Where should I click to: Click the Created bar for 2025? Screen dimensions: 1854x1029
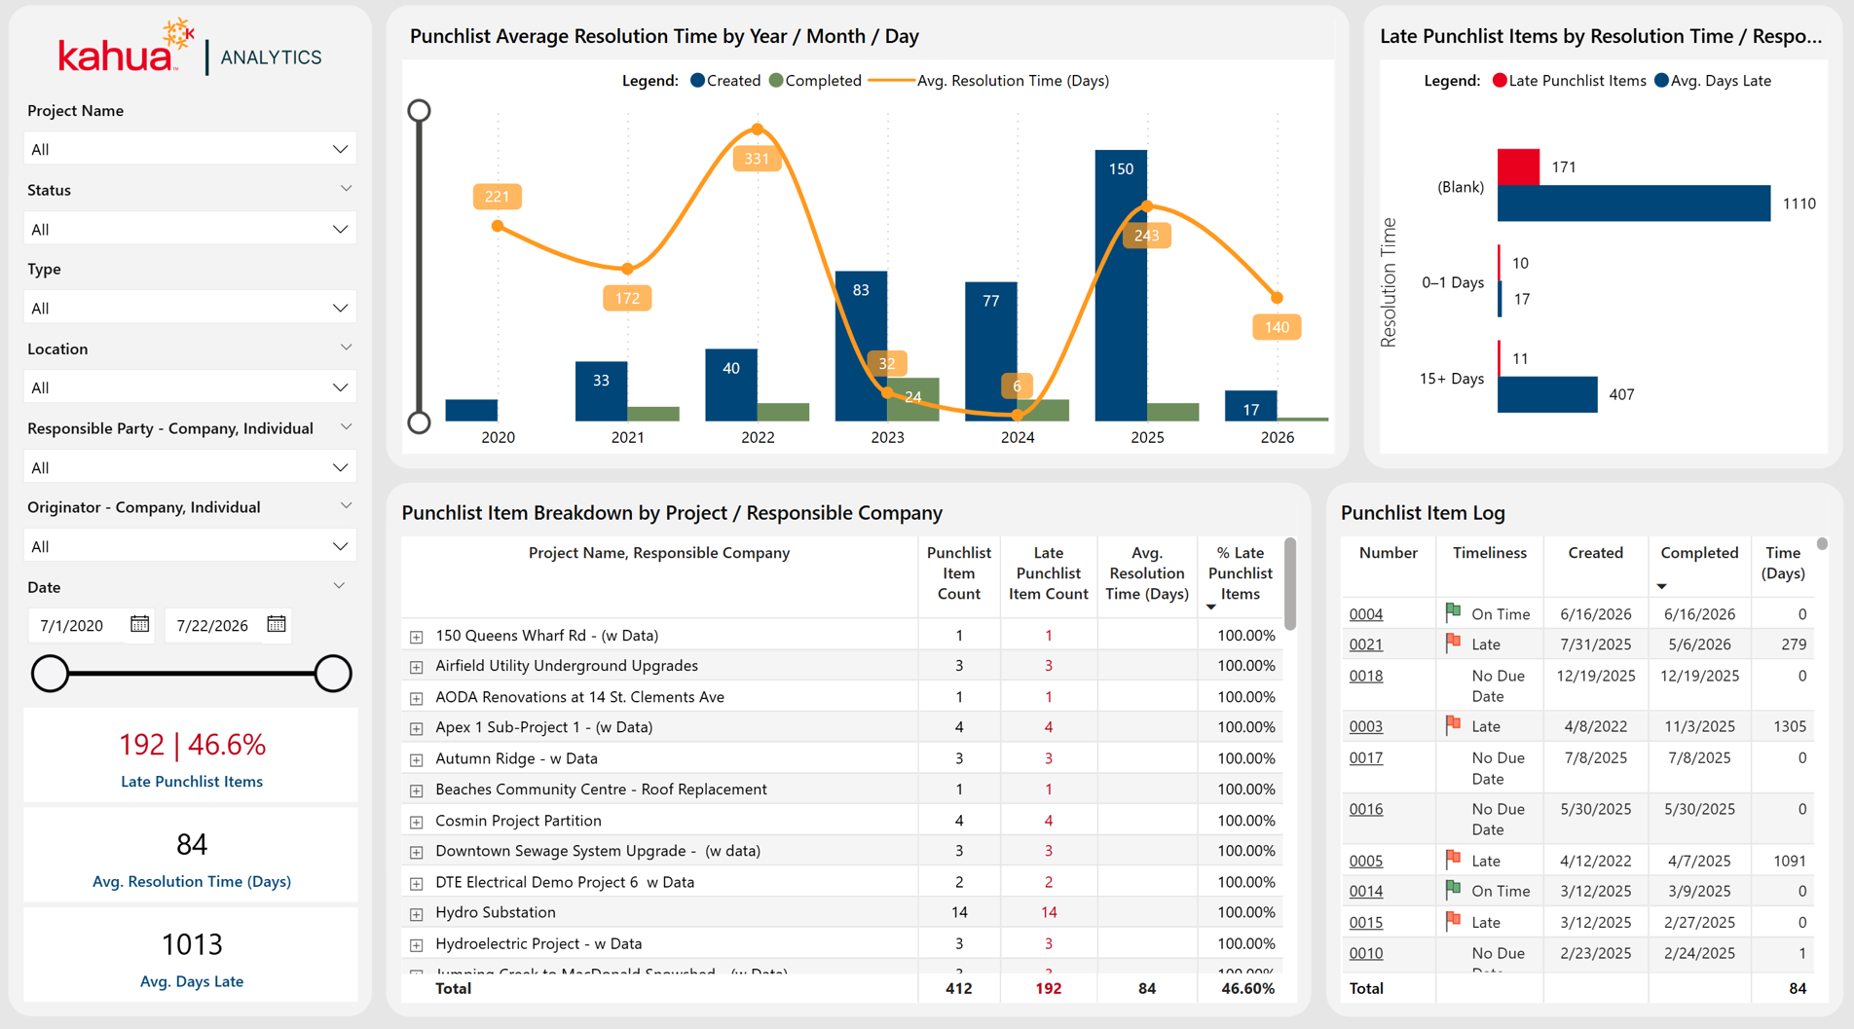pos(1121,285)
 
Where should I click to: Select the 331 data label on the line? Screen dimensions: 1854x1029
pos(757,159)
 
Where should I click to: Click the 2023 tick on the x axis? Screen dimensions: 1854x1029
pos(887,437)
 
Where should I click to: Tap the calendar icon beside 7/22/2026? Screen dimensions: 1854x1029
pos(277,624)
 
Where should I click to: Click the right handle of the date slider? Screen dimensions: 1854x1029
pos(333,674)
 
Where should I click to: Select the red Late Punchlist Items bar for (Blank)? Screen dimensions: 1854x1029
pos(1518,166)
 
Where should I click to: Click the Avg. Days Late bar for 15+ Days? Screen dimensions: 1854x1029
pos(1547,394)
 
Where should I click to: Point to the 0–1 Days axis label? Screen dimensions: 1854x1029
pos(1453,282)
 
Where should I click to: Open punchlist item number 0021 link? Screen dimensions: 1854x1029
pos(1366,644)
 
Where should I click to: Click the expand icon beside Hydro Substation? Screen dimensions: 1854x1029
pos(417,914)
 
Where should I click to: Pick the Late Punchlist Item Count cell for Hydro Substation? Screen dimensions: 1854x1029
pos(1048,912)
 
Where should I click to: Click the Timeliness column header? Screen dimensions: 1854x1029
pos(1489,552)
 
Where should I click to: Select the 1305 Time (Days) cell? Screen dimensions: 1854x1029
pos(1790,726)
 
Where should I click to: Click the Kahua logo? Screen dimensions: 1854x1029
pos(126,49)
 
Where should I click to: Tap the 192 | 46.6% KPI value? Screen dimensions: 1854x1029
pos(192,744)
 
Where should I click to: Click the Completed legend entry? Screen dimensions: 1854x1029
pos(815,81)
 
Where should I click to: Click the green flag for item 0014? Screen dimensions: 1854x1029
pos(1453,889)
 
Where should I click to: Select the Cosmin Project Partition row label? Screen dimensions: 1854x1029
pos(518,820)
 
